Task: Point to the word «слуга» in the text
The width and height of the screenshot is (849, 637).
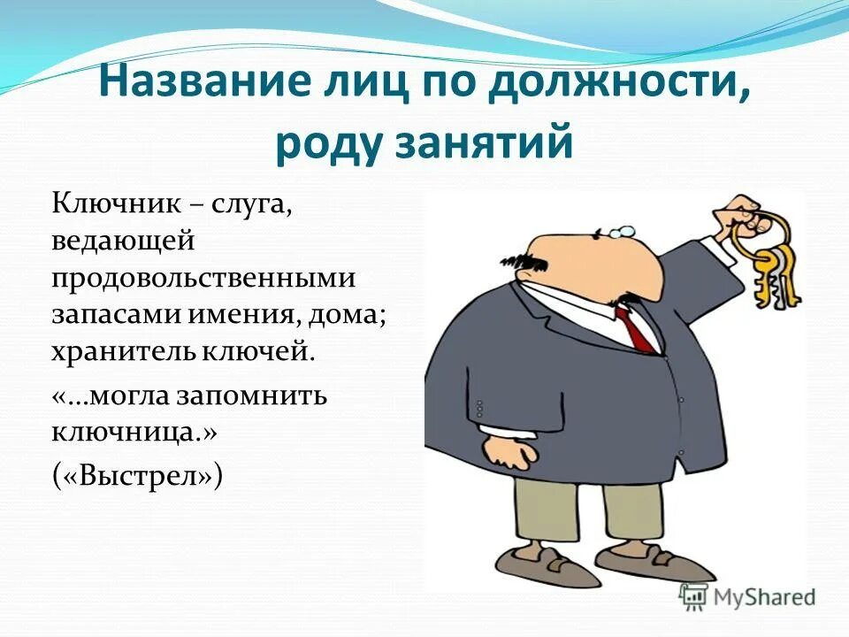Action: point(256,205)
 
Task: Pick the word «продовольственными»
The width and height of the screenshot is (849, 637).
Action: point(203,278)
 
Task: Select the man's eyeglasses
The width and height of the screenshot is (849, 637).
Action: point(619,231)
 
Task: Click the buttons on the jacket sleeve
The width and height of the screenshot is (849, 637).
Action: point(480,407)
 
